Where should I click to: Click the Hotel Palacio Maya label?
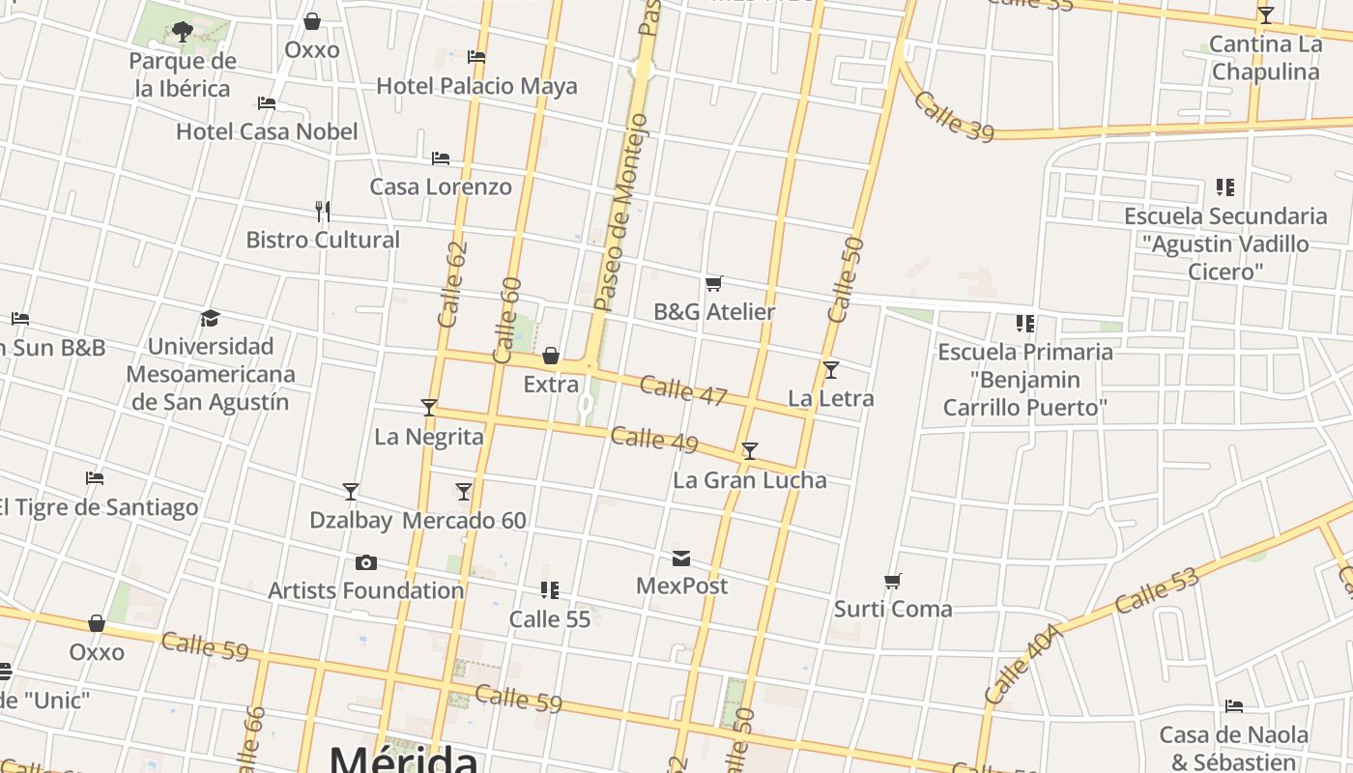[476, 86]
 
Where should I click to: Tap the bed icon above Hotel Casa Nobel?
[267, 102]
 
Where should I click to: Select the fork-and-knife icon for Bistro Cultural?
[323, 210]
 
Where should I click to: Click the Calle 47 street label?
[683, 390]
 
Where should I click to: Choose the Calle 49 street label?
[654, 440]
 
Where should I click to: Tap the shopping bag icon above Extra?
[551, 356]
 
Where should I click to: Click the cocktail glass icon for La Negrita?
[429, 408]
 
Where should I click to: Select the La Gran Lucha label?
[749, 480]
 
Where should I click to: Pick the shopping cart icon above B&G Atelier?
[713, 283]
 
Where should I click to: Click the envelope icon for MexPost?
[681, 558]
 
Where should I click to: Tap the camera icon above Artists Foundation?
[365, 562]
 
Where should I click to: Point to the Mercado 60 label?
[464, 521]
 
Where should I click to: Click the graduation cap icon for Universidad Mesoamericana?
[210, 318]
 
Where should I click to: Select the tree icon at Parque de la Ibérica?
[182, 32]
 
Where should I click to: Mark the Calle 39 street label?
[953, 117]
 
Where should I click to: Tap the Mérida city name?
[403, 759]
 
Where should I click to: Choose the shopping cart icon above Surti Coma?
[892, 581]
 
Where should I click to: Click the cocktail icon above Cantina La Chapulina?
[1265, 15]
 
